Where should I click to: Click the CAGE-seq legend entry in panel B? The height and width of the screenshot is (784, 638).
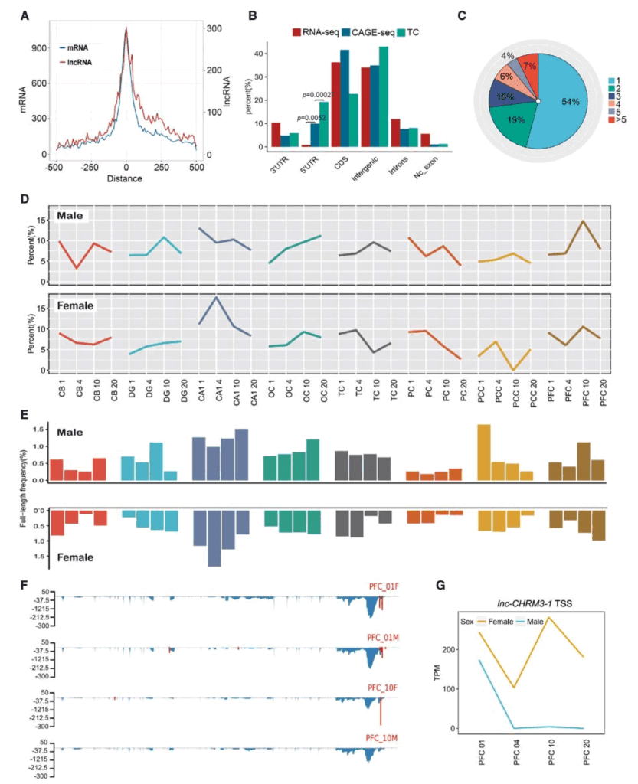[x=365, y=33]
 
